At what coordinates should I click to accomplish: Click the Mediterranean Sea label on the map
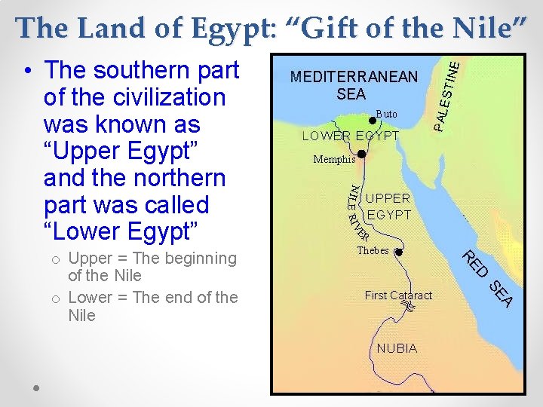(x=354, y=85)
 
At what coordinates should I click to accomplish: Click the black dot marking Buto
(x=371, y=120)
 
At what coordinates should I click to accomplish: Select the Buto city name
(x=386, y=114)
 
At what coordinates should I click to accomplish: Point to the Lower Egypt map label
(x=351, y=136)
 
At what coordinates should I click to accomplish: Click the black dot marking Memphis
(x=362, y=154)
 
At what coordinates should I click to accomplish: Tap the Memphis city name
(x=334, y=160)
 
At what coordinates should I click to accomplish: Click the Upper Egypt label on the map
(x=388, y=207)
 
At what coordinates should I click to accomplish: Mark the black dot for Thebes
(x=399, y=252)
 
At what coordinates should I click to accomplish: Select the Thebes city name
(x=373, y=251)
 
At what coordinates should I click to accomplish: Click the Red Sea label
(x=488, y=278)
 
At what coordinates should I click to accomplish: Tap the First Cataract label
(x=398, y=295)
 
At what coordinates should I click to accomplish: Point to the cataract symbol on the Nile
(x=409, y=306)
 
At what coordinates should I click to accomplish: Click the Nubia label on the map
(x=397, y=348)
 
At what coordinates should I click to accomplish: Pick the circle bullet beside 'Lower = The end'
(x=56, y=298)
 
